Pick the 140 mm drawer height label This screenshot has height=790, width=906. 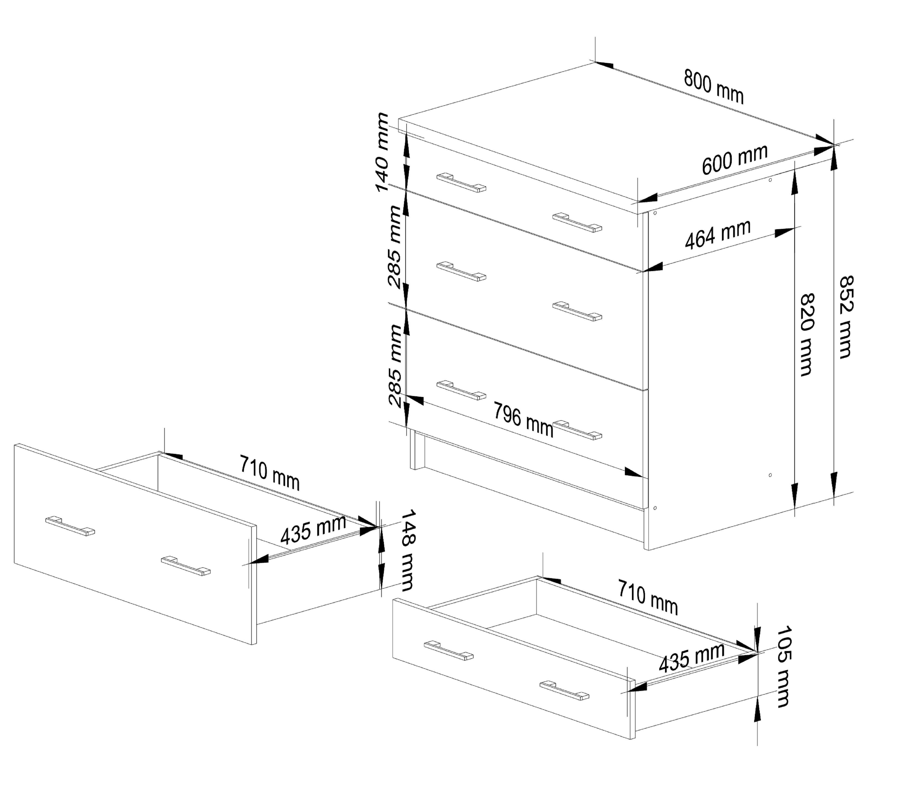coord(382,152)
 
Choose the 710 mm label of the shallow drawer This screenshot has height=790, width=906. coord(648,597)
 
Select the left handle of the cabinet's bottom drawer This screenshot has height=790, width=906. coord(461,390)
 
